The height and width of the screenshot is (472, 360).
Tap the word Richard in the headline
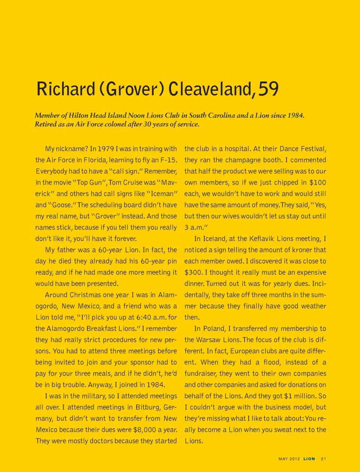[66, 89]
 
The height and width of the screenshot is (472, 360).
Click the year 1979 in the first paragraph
[106, 149]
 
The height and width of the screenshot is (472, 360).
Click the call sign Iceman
[162, 194]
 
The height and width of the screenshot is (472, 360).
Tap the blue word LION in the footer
[309, 459]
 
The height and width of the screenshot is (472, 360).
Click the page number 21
[323, 459]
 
